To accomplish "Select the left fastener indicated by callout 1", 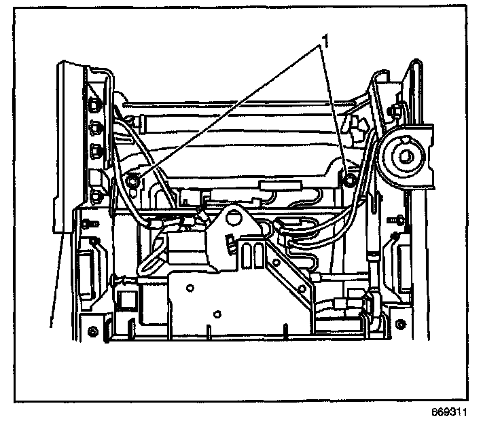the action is [133, 181].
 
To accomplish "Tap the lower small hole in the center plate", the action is [217, 314].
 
